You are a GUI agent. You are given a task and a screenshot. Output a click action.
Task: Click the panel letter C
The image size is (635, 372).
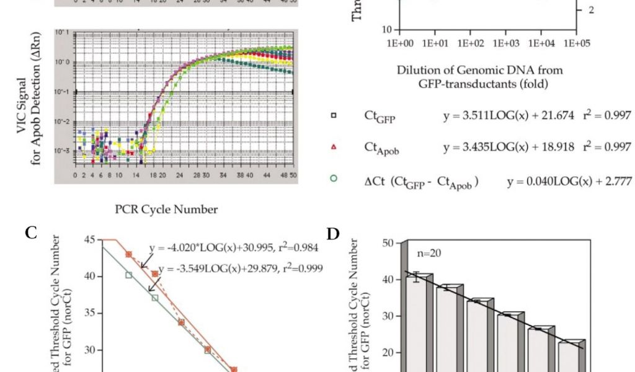(x=32, y=232)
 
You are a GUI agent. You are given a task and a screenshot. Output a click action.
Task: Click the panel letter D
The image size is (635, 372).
(x=334, y=234)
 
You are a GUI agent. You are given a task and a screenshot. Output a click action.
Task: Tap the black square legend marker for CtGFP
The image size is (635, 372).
(x=335, y=116)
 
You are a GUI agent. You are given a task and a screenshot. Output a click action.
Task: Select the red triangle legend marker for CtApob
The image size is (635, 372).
(x=335, y=147)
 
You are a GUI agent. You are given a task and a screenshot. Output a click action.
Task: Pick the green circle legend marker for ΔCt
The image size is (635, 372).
(x=335, y=178)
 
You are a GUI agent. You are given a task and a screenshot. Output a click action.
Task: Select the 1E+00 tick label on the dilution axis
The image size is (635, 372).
(x=400, y=44)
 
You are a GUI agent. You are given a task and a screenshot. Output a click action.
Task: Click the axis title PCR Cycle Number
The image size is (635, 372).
(x=166, y=210)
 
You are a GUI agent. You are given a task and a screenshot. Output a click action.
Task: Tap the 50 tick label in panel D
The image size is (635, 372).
(x=388, y=242)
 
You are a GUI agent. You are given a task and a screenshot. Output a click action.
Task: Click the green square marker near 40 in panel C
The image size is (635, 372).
(x=128, y=275)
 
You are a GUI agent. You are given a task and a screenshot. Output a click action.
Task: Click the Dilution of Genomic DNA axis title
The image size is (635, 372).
(x=480, y=77)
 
